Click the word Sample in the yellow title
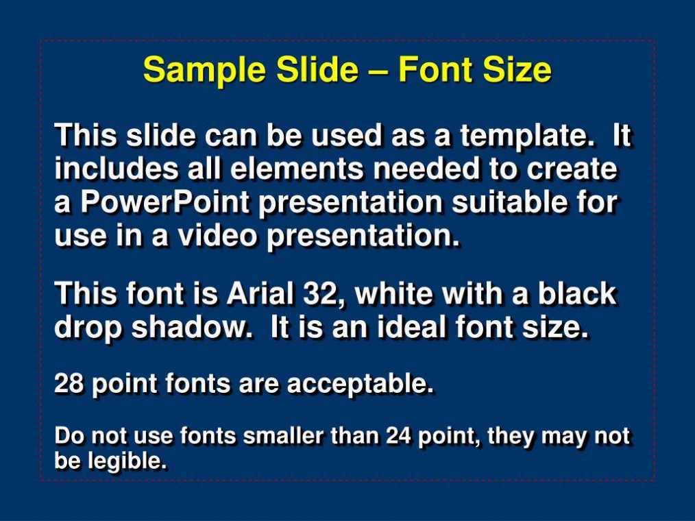pos(204,71)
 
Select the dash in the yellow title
pos(378,71)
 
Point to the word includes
pos(116,169)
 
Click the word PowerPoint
pos(165,202)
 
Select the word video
pos(217,235)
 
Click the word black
pos(577,293)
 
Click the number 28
pos(69,383)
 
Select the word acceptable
pos(360,384)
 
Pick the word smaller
pos(283,436)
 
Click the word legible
pos(127,461)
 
